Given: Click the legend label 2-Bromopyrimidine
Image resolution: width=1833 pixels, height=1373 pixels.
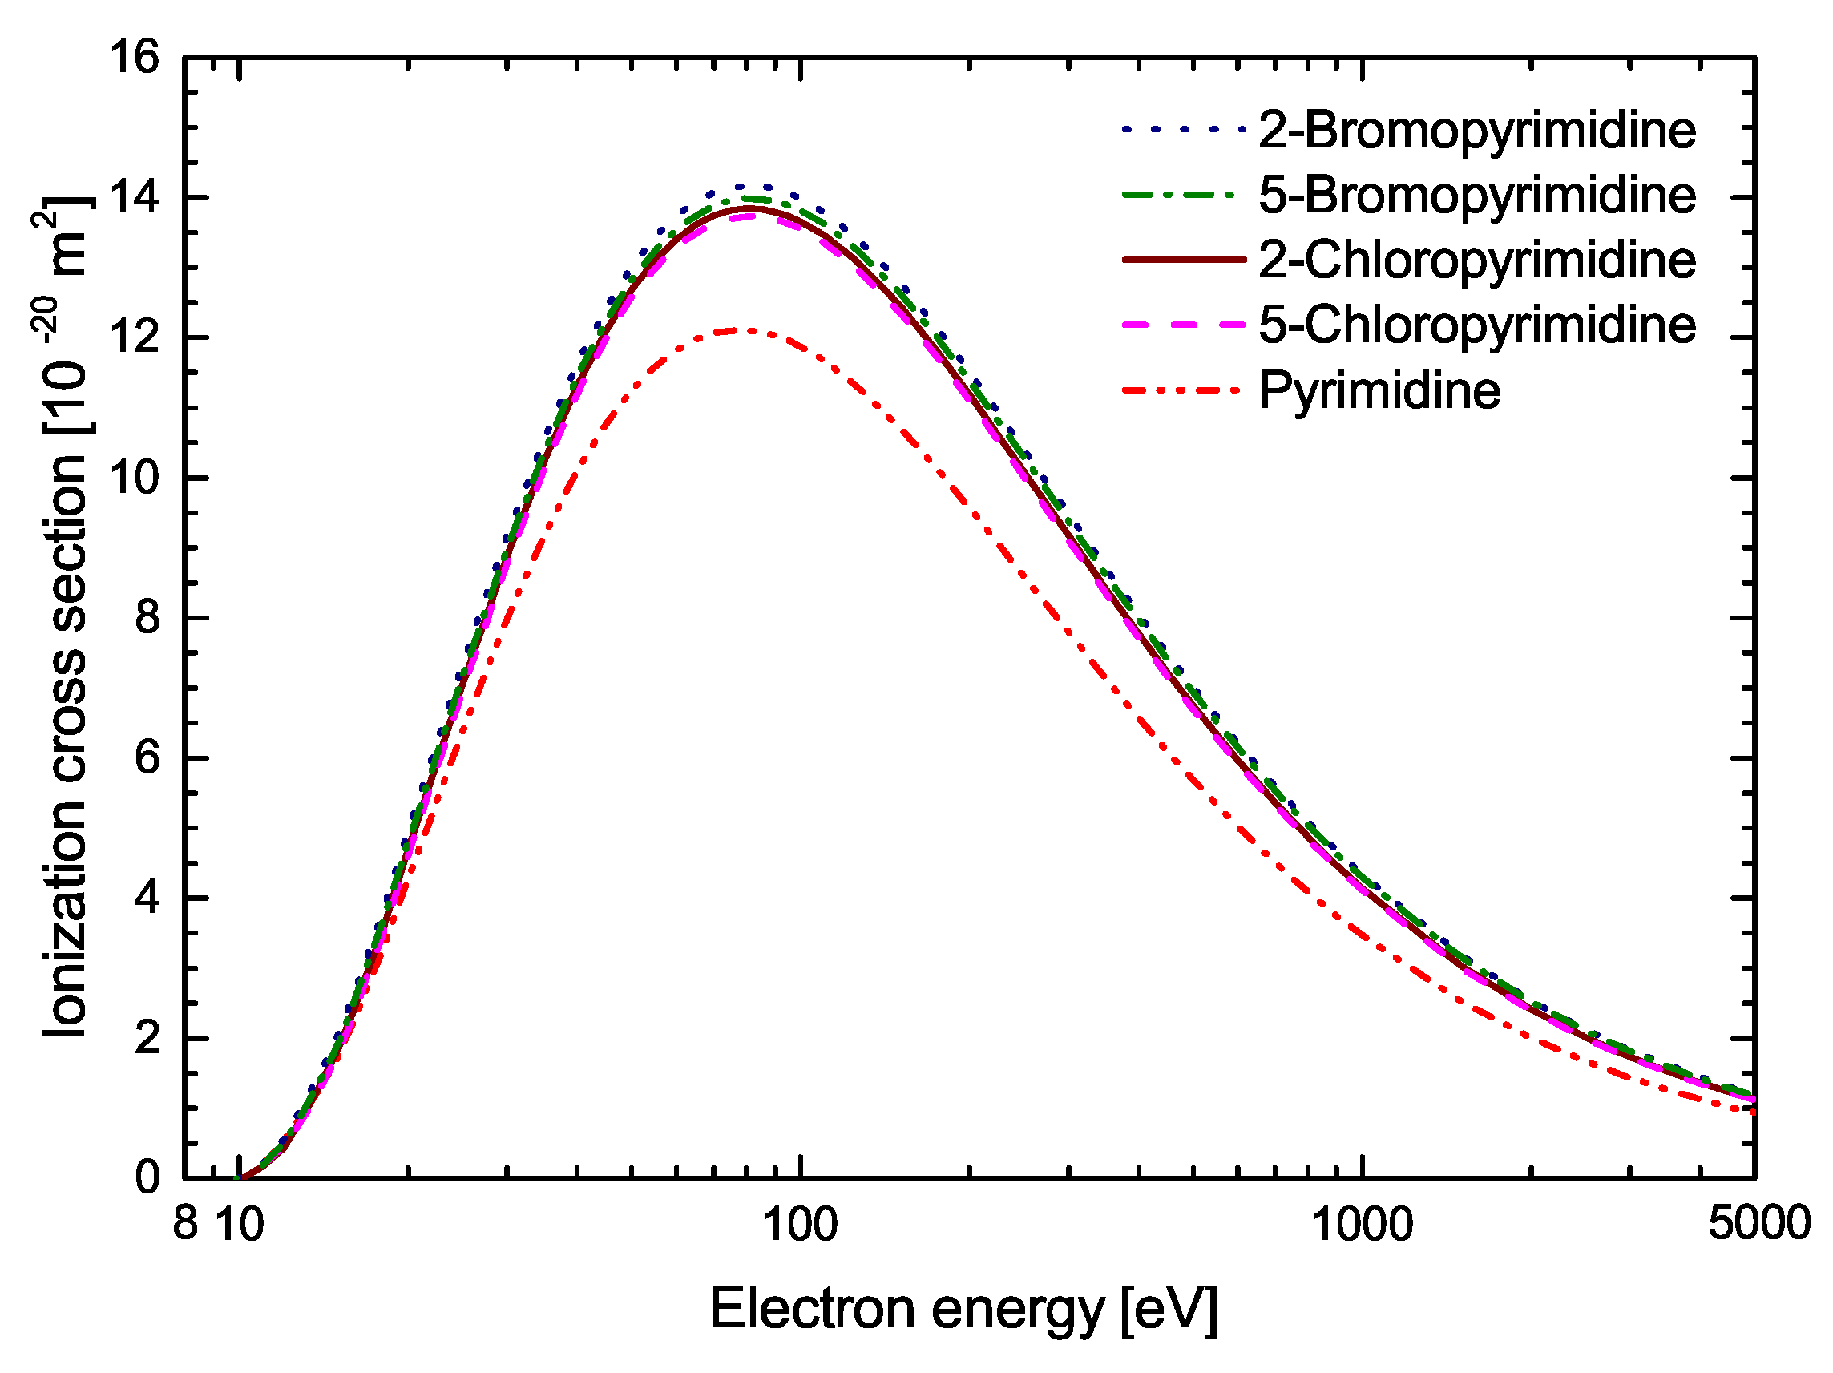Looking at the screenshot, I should coord(1476,131).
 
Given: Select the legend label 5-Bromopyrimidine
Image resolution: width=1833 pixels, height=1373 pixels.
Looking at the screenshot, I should coord(1476,196).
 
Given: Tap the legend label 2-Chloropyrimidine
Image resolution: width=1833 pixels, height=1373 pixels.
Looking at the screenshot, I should coord(1476,260).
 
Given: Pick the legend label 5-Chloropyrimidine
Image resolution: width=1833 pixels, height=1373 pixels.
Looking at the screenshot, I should coord(1476,325).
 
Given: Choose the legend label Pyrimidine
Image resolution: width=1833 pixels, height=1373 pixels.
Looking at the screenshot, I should coord(1379,390).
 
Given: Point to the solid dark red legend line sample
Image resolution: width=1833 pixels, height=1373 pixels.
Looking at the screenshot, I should coord(1183,260).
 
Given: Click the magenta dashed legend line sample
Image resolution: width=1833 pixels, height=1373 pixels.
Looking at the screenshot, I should coord(1183,325).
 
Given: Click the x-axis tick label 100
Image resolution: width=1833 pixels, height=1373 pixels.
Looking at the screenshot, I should coord(800,1225).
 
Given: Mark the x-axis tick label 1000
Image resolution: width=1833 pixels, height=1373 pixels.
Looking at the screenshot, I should coord(1363,1225).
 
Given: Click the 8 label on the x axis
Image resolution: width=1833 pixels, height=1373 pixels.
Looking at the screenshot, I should coord(186,1224).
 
